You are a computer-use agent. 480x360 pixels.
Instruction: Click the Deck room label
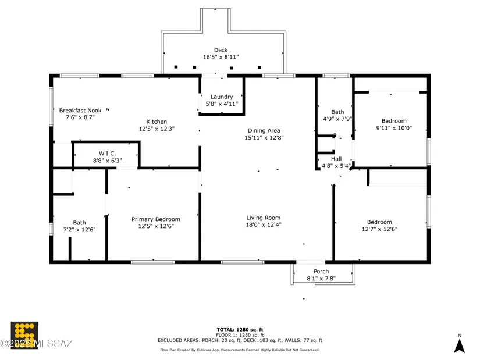coord(221,50)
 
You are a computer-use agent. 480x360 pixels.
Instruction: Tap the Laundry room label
coord(222,97)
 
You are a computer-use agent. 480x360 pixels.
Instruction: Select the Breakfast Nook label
coord(80,110)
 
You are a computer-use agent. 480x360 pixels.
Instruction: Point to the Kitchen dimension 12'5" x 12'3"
coord(157,129)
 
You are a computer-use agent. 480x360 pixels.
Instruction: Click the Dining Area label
coord(264,130)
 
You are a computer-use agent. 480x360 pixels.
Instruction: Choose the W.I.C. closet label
coord(107,154)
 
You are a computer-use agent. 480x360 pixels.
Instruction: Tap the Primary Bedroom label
coord(156,219)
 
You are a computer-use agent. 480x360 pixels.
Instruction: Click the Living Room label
coord(263,218)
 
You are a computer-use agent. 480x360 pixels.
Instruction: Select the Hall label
coord(336,159)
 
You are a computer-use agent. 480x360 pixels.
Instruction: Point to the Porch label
coord(321,271)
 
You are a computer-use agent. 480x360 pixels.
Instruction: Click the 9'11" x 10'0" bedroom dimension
coord(394,128)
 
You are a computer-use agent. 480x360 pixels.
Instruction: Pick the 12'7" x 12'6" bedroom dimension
coord(379,229)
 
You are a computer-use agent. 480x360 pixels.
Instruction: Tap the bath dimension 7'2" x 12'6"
coord(79,230)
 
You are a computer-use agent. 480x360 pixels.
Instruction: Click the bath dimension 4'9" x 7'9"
coord(337,119)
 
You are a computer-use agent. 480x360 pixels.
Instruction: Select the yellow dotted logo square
coord(24,335)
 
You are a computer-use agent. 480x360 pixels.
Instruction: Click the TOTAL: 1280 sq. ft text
coord(240,330)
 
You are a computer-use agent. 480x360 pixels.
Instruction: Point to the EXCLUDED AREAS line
coord(240,340)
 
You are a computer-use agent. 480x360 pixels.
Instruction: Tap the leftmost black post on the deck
coord(176,67)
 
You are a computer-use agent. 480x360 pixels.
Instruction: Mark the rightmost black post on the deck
coord(259,67)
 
